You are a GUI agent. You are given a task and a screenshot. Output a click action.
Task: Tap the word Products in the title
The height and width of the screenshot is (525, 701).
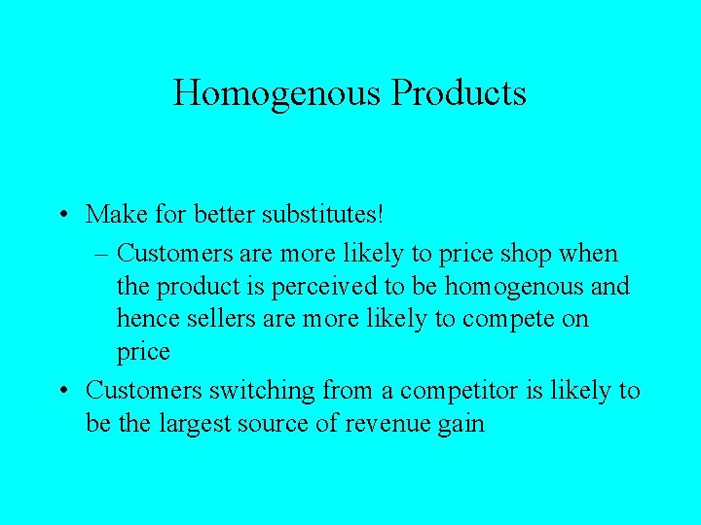(459, 93)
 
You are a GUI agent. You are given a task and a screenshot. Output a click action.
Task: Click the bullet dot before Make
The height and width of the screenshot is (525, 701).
(62, 213)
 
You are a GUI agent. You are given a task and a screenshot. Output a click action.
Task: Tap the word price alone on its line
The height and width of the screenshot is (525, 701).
(143, 351)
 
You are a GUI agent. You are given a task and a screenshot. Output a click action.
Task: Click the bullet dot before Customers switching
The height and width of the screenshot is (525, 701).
(62, 392)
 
